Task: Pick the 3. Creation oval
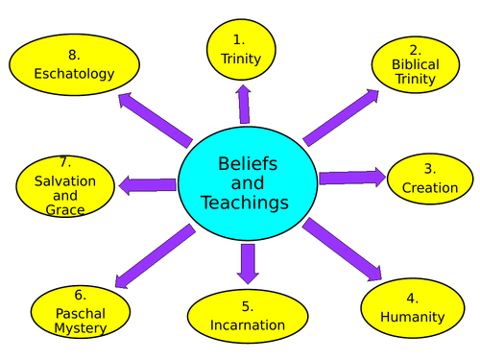(x=429, y=179)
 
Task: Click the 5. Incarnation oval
(x=248, y=316)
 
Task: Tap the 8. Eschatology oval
(x=74, y=64)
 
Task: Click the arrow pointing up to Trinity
(x=244, y=104)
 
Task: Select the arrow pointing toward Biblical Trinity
(x=341, y=116)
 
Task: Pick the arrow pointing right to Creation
(x=351, y=178)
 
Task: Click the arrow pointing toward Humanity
(x=342, y=251)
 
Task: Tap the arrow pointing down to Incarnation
(x=248, y=263)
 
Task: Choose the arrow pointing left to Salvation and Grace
(x=147, y=185)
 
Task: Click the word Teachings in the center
(x=245, y=203)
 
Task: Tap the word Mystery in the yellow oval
(x=81, y=328)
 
